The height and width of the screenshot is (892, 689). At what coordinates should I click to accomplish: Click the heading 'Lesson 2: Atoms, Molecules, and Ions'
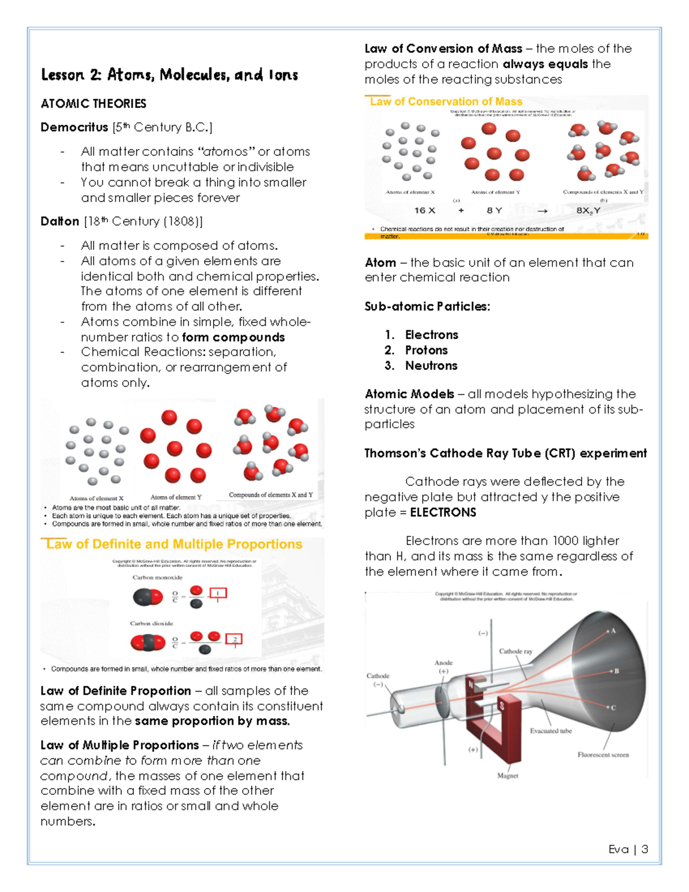(x=169, y=75)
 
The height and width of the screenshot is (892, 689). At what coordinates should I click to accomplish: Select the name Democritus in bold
(x=74, y=127)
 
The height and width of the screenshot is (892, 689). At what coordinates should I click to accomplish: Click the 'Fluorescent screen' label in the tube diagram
(x=603, y=755)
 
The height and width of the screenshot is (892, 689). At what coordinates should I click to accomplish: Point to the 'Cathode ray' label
(x=515, y=651)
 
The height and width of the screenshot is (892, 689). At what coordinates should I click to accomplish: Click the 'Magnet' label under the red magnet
(x=508, y=775)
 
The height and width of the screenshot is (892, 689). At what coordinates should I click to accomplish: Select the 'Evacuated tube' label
(x=551, y=731)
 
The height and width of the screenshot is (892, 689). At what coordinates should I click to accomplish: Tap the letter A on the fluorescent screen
(x=613, y=631)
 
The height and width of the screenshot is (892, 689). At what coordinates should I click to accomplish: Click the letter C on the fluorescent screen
(x=613, y=708)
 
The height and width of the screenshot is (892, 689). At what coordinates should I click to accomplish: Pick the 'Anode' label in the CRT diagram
(x=443, y=662)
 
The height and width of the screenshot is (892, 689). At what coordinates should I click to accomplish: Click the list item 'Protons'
(x=426, y=350)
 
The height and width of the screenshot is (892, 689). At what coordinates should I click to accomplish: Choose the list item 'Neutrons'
(x=431, y=365)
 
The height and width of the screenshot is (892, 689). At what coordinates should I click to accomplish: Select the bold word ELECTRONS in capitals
(x=443, y=512)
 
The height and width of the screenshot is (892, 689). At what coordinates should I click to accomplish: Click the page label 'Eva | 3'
(x=628, y=849)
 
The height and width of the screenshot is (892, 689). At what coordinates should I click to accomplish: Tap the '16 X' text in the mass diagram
(x=425, y=210)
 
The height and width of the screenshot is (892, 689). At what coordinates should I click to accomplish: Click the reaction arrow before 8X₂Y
(x=542, y=211)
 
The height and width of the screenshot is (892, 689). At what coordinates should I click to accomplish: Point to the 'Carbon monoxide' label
(x=157, y=577)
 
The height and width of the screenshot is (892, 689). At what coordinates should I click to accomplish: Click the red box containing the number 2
(x=234, y=639)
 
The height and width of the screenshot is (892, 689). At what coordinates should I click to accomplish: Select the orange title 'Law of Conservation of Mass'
(x=446, y=102)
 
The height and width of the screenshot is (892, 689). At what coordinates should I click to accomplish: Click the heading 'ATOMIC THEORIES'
(x=94, y=103)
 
